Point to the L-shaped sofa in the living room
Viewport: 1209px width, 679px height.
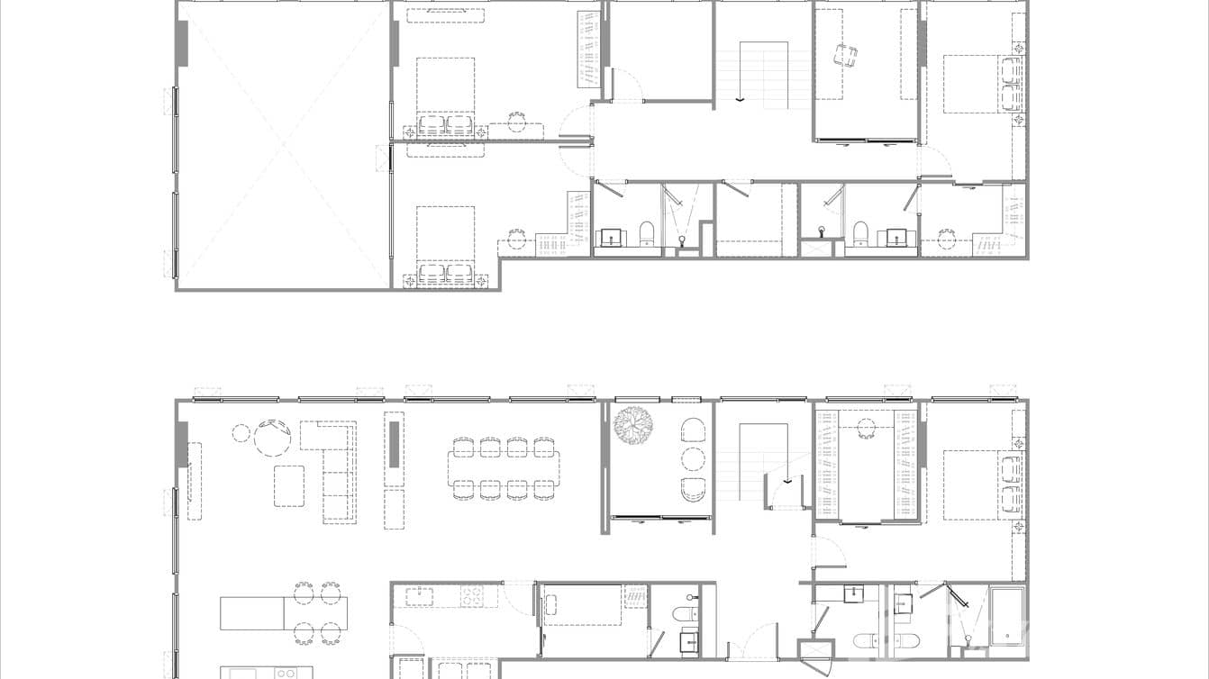pyautogui.click(x=334, y=469)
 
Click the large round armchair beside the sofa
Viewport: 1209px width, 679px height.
pyautogui.click(x=271, y=439)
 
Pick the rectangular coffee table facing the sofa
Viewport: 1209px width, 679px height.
pyautogui.click(x=289, y=485)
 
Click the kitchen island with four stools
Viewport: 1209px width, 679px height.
pyautogui.click(x=283, y=613)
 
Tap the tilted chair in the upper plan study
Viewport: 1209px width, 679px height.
pyautogui.click(x=845, y=56)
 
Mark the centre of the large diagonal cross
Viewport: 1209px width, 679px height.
pyautogui.click(x=284, y=144)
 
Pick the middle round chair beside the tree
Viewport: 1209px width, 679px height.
pyautogui.click(x=693, y=459)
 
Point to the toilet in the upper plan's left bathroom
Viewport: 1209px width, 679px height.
pyautogui.click(x=647, y=233)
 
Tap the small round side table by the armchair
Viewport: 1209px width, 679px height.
pyautogui.click(x=241, y=432)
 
